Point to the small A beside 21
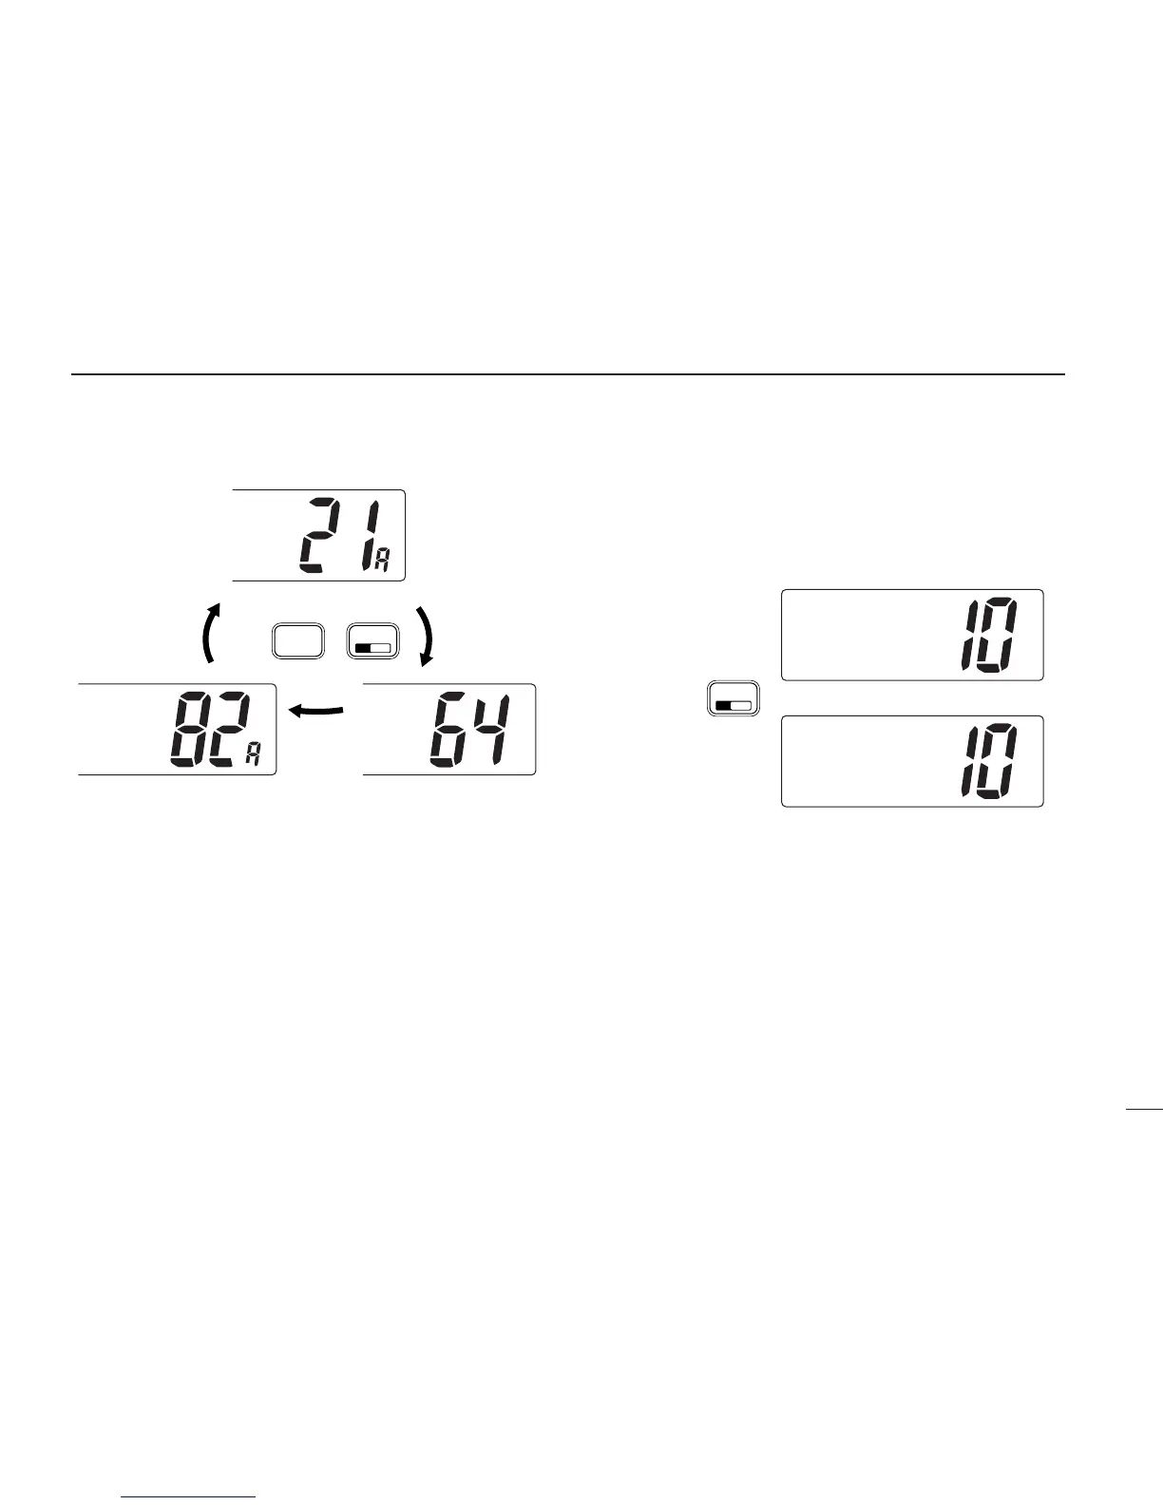[382, 560]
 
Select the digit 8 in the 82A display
[188, 730]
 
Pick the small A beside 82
[253, 756]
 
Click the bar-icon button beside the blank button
[372, 642]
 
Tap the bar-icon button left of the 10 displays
[734, 698]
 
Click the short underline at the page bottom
[189, 1497]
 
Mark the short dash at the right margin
[1145, 1108]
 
